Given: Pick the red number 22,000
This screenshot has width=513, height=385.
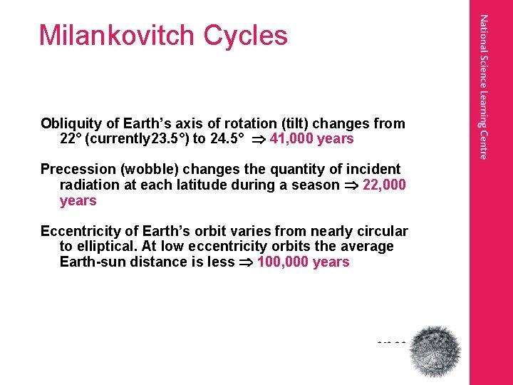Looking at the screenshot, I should coord(385,185).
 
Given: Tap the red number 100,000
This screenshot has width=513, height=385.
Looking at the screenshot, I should coord(284,262).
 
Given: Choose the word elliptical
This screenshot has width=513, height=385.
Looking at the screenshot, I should coord(105,246).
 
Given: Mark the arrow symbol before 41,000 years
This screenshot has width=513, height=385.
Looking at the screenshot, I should coord(254,139).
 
